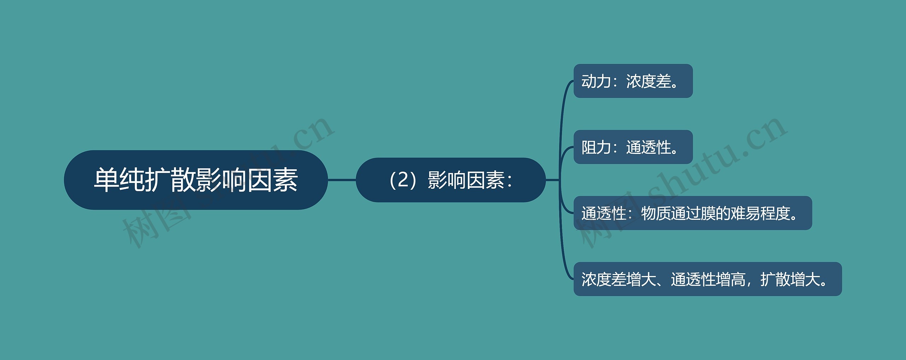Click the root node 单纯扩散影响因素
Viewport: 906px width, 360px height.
(196, 180)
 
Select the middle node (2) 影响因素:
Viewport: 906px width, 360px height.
(451, 180)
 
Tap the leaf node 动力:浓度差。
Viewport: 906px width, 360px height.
(633, 81)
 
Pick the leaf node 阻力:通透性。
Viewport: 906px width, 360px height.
(633, 147)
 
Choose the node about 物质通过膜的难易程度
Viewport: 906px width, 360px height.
(693, 213)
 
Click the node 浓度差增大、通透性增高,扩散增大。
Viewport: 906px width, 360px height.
(707, 279)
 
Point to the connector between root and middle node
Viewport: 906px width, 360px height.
(342, 180)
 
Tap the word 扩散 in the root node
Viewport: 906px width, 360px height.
(170, 180)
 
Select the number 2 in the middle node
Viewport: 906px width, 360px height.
(403, 180)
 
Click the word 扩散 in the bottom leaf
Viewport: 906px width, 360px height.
(775, 279)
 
